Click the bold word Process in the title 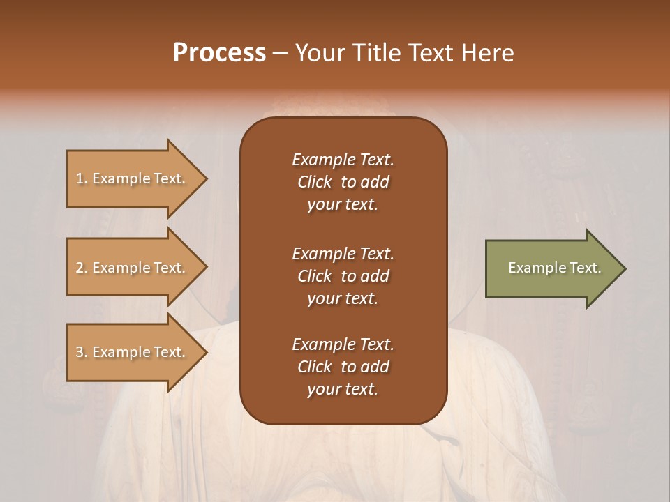pos(219,53)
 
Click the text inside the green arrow pos(555,268)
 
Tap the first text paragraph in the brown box pos(343,182)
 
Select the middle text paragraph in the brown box pos(343,276)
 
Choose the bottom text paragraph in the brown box pos(343,367)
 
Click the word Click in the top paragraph pos(315,182)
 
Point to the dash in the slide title pos(280,53)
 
